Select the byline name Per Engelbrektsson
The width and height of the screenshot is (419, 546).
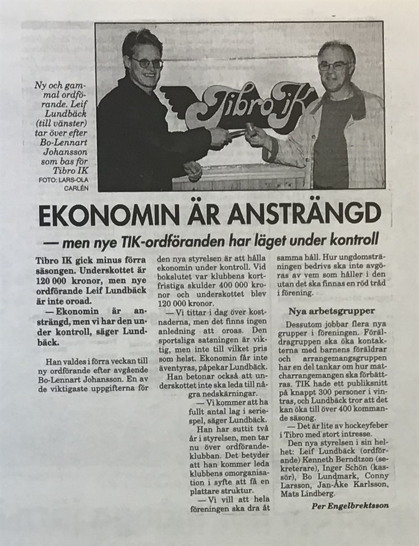point(350,506)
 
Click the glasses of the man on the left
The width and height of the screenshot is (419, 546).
point(146,63)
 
